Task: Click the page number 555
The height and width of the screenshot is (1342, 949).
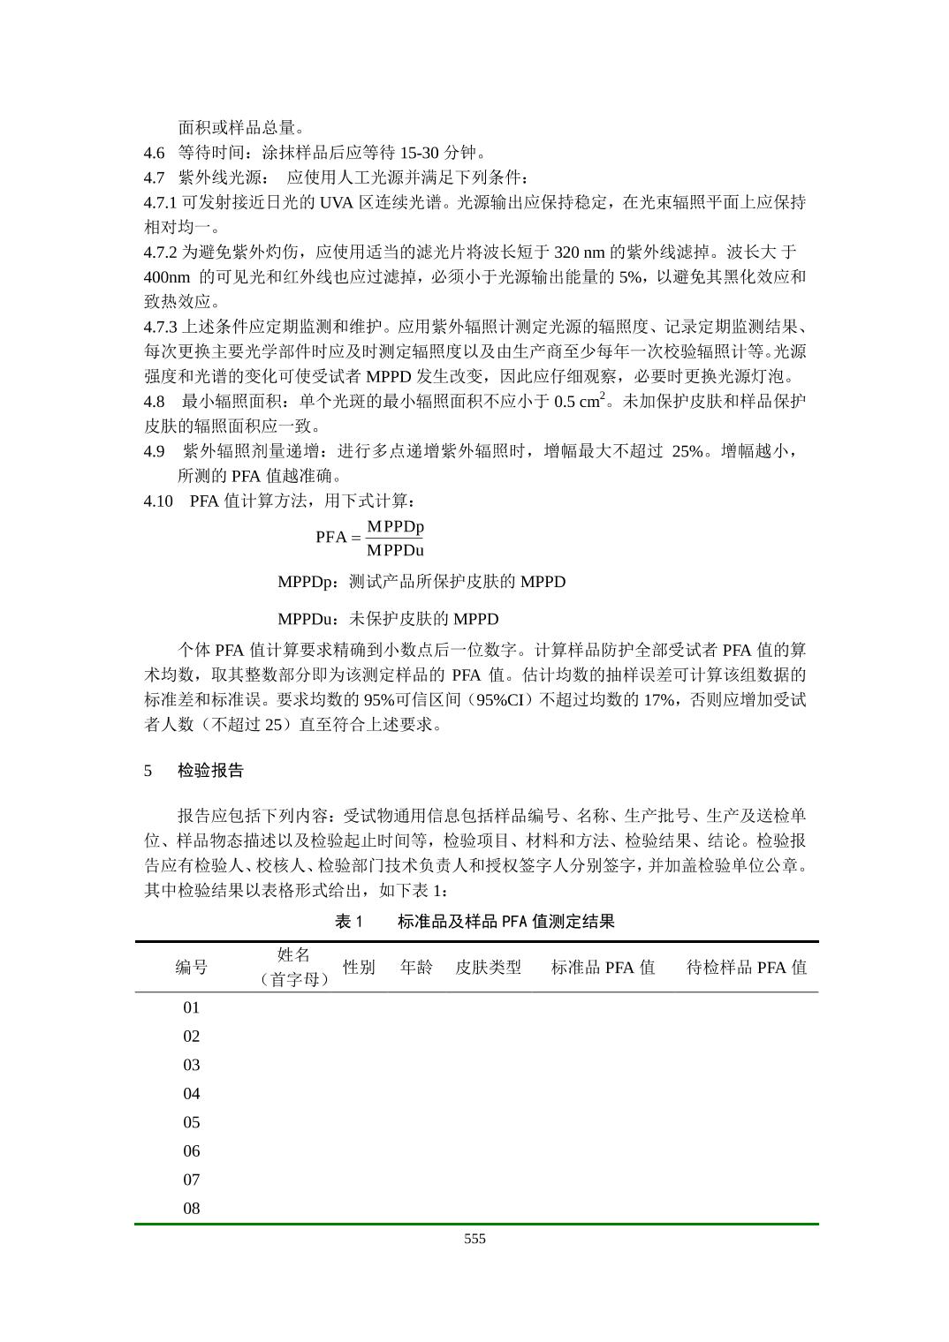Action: (x=474, y=1239)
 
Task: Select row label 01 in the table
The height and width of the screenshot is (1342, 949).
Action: (x=192, y=1007)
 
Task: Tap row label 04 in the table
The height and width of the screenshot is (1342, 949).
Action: (x=192, y=1093)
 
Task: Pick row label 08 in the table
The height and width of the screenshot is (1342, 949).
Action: (x=192, y=1208)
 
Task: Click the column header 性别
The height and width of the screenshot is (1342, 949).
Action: (x=359, y=967)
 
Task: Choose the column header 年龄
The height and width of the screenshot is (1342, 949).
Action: (x=416, y=967)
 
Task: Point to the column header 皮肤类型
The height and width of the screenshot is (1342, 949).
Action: (x=488, y=967)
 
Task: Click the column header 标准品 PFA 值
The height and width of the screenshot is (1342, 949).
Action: (x=604, y=967)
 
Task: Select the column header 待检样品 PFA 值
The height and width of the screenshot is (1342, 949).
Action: (x=747, y=967)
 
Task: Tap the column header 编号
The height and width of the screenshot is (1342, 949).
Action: (x=192, y=967)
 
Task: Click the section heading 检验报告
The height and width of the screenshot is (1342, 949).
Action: (x=210, y=771)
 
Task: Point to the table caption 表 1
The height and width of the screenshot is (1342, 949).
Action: (x=349, y=922)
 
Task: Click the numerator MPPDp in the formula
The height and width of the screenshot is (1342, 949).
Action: (x=395, y=526)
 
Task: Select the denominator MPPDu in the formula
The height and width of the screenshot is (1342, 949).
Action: (x=395, y=550)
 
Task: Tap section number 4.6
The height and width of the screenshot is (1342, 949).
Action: (x=155, y=152)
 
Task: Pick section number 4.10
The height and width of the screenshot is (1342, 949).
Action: (x=158, y=501)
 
